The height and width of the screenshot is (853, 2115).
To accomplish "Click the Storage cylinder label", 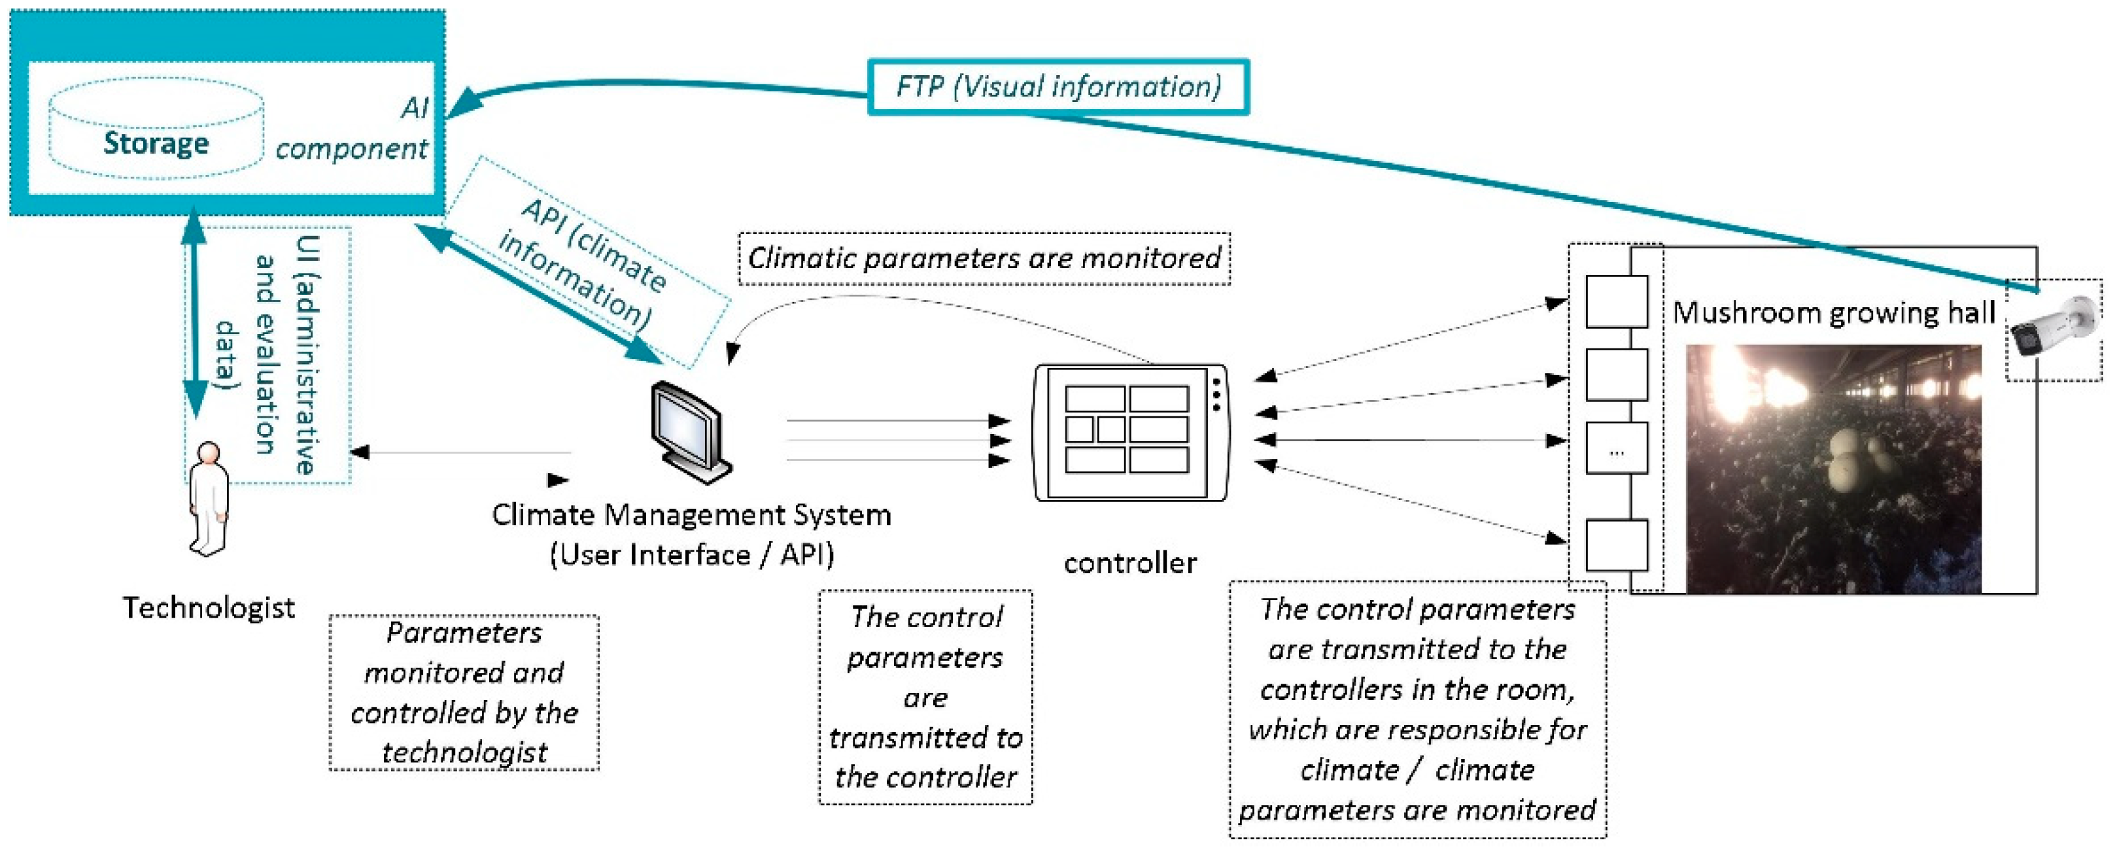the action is point(156,143).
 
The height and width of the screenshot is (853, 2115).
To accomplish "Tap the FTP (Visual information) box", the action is point(1058,86).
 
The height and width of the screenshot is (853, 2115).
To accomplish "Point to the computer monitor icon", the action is point(690,433).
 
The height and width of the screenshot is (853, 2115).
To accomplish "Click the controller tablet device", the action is point(1131,433).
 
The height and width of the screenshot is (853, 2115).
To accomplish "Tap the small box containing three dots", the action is point(1617,448).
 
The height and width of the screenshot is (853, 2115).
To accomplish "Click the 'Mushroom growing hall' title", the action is point(1833,313).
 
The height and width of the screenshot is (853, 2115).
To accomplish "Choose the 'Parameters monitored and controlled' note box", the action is point(464,693).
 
